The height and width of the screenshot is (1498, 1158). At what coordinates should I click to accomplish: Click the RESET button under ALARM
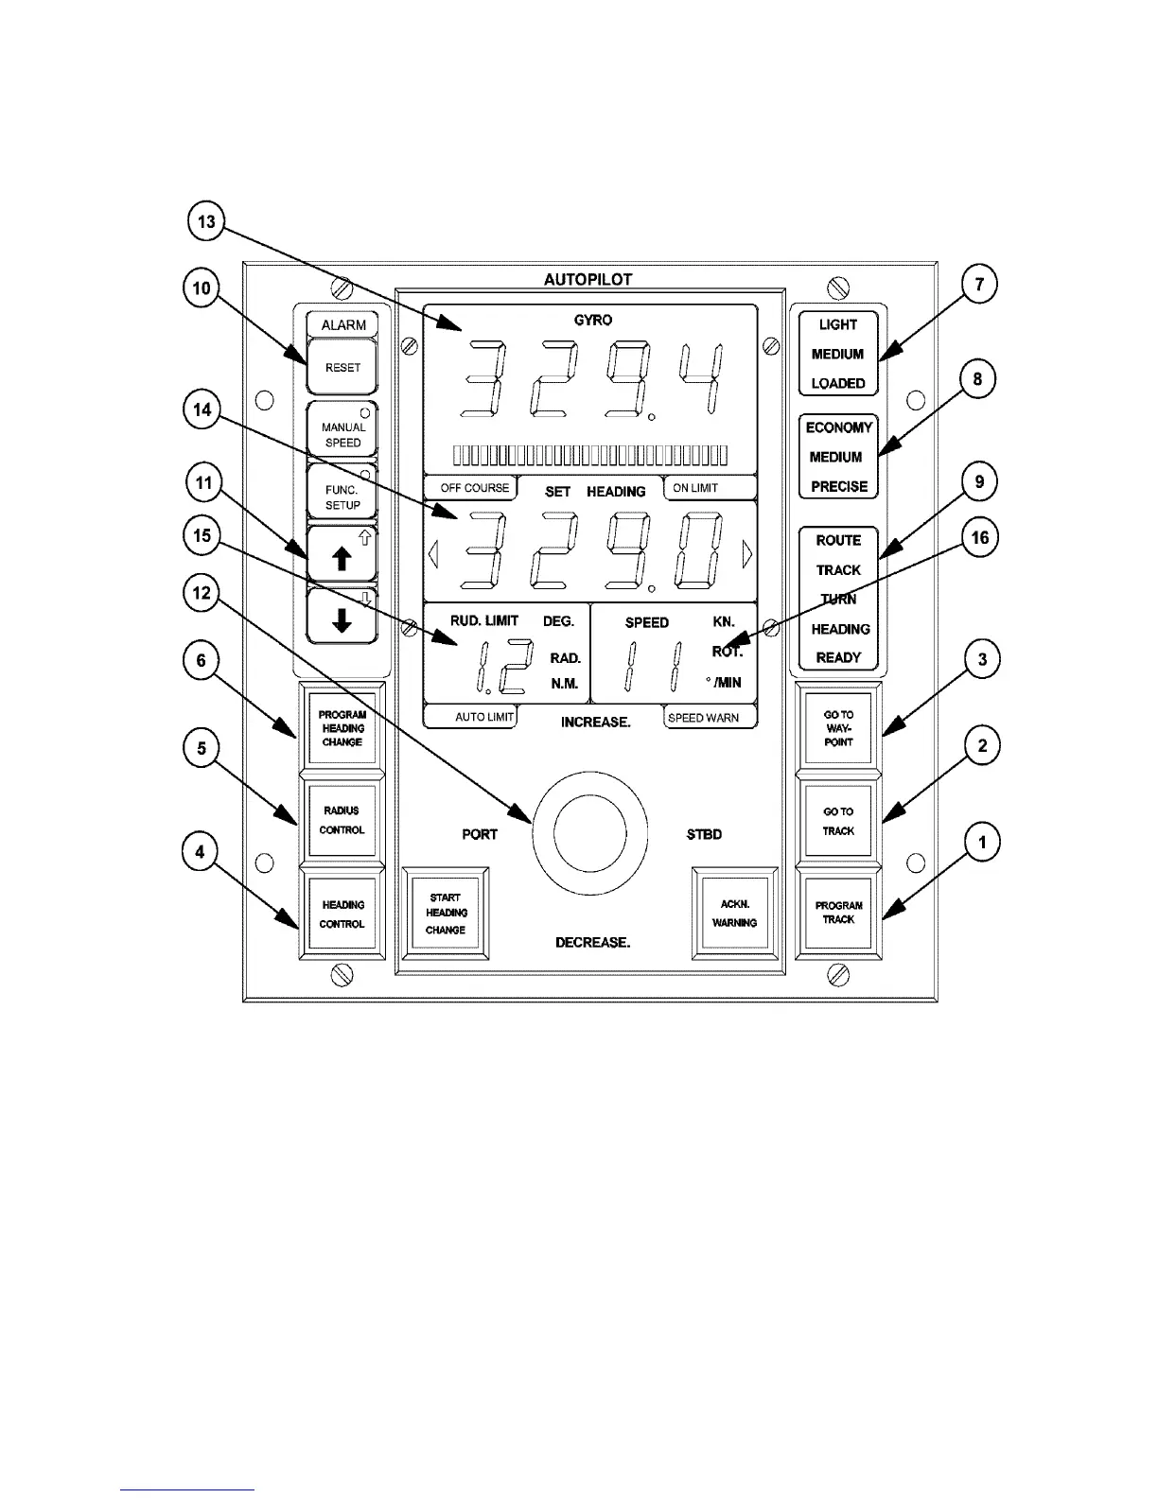pyautogui.click(x=342, y=367)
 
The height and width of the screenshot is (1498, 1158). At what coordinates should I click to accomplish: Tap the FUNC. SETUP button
pyautogui.click(x=342, y=496)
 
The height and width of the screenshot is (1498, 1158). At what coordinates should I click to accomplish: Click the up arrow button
pyautogui.click(x=342, y=557)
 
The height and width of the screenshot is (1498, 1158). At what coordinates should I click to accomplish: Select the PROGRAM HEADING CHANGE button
pyautogui.click(x=342, y=728)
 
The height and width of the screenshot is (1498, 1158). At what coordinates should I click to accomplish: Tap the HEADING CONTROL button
pyautogui.click(x=342, y=914)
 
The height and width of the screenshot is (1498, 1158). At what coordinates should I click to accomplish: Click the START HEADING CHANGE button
pyautogui.click(x=447, y=914)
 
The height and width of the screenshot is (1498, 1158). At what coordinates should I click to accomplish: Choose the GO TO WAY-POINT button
pyautogui.click(x=838, y=728)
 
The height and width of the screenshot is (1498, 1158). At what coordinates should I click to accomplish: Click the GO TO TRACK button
pyautogui.click(x=838, y=821)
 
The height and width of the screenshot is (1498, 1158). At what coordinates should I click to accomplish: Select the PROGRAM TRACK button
pyautogui.click(x=838, y=913)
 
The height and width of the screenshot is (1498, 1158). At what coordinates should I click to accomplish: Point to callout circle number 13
pyautogui.click(x=204, y=223)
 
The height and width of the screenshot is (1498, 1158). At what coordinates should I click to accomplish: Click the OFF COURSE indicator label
pyautogui.click(x=474, y=488)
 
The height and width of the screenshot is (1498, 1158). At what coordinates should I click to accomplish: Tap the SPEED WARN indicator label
pyautogui.click(x=703, y=718)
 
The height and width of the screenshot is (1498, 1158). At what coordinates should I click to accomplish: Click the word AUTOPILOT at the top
pyautogui.click(x=588, y=279)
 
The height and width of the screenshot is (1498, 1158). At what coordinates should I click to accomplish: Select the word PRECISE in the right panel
pyautogui.click(x=838, y=486)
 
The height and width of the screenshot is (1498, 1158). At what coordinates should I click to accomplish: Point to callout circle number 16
pyautogui.click(x=980, y=538)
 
